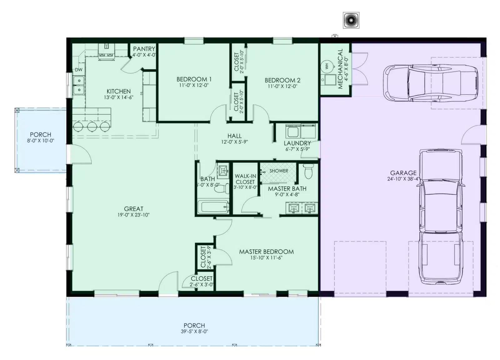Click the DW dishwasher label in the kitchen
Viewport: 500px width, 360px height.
(x=78, y=70)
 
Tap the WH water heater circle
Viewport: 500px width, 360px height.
(x=327, y=66)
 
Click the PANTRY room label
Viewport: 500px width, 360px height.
(x=144, y=49)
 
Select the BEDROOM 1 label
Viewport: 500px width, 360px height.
(x=194, y=79)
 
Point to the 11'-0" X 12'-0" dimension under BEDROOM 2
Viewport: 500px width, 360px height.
(x=282, y=86)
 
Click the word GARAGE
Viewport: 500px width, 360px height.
(x=403, y=173)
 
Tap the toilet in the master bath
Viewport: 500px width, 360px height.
(x=308, y=171)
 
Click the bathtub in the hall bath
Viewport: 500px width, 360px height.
(x=213, y=207)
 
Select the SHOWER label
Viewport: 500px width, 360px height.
(x=278, y=171)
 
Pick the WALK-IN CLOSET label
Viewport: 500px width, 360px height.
(x=245, y=179)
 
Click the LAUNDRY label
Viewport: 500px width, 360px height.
(x=297, y=143)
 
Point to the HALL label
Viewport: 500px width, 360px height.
(x=234, y=136)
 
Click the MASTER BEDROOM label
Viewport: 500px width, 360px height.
(x=266, y=251)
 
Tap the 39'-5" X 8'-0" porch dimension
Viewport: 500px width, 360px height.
(x=194, y=331)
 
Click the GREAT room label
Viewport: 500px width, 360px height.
(x=133, y=209)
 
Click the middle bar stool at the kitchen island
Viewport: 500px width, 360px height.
(x=92, y=127)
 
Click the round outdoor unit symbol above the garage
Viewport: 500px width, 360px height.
(x=351, y=20)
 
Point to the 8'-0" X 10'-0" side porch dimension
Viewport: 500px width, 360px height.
(x=41, y=140)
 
